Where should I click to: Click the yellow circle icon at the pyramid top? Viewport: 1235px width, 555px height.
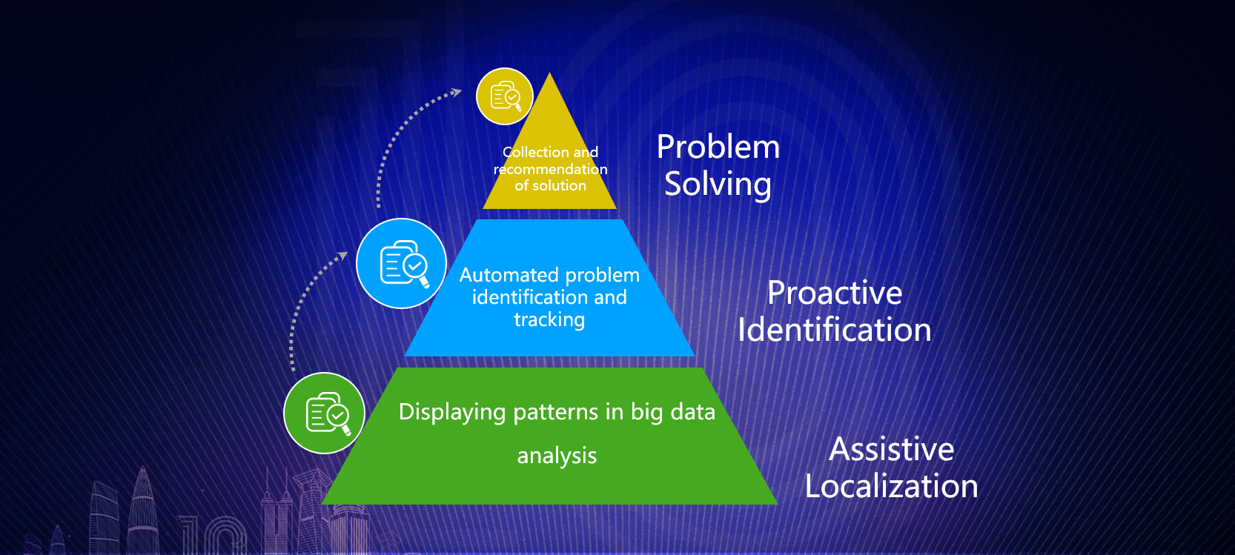point(505,96)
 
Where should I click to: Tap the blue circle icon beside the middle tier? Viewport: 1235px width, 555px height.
point(401,264)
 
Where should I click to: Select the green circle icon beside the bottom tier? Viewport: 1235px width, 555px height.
point(324,413)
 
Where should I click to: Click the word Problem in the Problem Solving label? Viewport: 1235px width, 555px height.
point(718,147)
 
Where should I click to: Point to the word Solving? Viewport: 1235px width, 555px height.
point(718,184)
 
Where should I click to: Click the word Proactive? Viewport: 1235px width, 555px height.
point(835,293)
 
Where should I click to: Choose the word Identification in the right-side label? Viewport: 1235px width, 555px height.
point(835,330)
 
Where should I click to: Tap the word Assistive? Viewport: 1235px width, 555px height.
point(892,449)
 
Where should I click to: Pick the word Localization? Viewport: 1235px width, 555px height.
point(892,486)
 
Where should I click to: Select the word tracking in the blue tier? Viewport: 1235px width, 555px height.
point(549,319)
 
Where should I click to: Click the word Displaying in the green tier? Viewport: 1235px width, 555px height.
point(452,413)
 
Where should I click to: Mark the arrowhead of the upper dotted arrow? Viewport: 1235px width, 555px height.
point(457,92)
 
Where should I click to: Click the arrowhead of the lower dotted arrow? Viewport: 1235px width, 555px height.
point(343,256)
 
